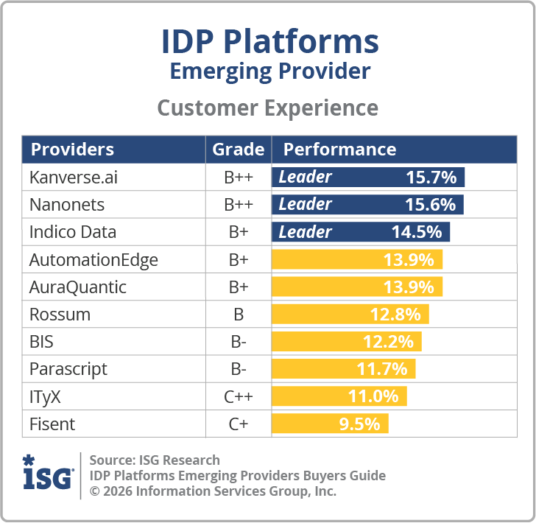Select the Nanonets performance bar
tap(367, 204)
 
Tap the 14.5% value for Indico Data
tap(417, 232)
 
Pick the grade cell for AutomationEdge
tap(238, 259)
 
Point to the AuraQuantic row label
tap(78, 287)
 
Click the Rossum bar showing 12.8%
tap(350, 315)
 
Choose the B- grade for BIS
tap(238, 343)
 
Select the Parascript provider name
tap(68, 370)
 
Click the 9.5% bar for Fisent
tap(330, 424)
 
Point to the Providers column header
tap(72, 150)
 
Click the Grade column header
tap(238, 150)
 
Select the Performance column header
tap(339, 150)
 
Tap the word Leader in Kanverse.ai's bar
tap(305, 177)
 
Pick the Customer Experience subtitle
tap(268, 108)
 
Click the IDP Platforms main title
tap(269, 42)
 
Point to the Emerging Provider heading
tap(269, 71)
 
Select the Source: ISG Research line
tap(155, 460)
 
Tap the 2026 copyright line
tap(213, 491)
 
